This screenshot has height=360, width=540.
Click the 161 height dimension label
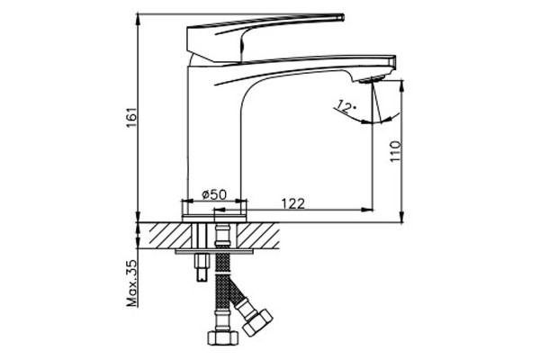coord(132,118)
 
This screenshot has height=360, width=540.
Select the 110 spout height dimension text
coord(395,151)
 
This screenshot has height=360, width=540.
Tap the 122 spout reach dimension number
coord(293,204)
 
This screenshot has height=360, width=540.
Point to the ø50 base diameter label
coord(214,194)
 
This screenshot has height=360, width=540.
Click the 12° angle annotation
coord(346,106)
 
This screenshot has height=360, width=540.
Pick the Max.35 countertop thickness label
coord(132,283)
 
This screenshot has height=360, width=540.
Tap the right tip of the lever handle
coord(341,17)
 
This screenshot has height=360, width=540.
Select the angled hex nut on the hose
coord(257,322)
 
